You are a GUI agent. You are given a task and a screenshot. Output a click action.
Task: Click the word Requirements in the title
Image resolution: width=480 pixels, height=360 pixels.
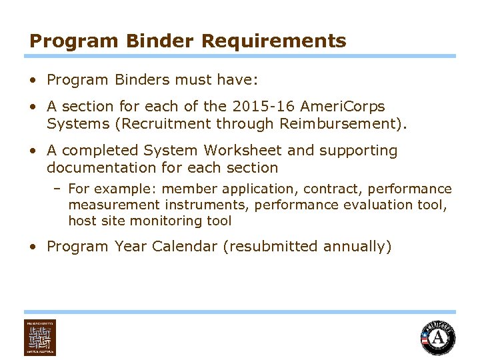pyautogui.click(x=273, y=41)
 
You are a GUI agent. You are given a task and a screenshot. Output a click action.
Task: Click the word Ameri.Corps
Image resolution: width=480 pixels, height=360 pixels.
pyautogui.click(x=343, y=107)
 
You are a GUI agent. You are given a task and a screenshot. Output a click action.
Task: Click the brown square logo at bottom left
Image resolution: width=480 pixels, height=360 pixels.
pyautogui.click(x=40, y=337)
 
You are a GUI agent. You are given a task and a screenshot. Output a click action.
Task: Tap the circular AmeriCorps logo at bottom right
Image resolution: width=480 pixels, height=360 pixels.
pyautogui.click(x=437, y=337)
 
